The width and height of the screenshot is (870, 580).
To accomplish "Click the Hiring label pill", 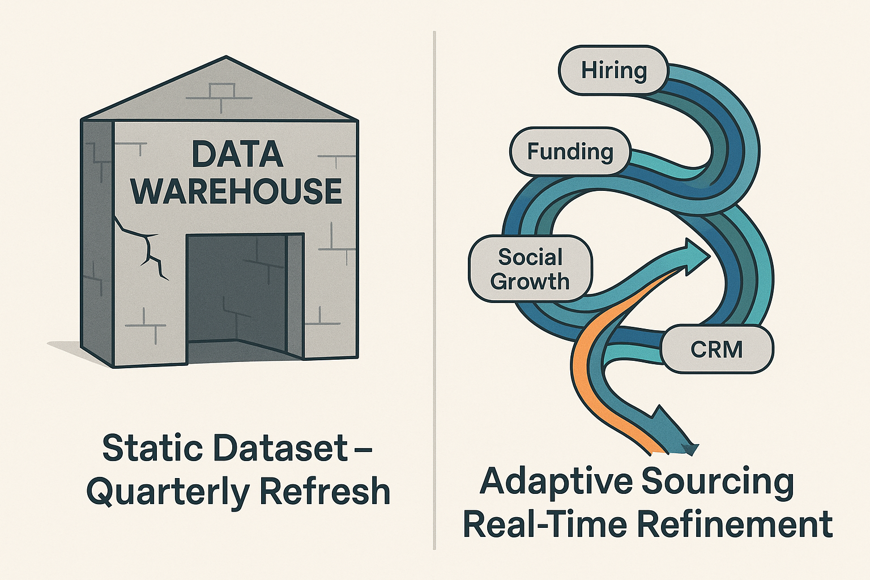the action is [613, 70].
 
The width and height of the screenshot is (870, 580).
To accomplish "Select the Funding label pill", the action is [570, 152].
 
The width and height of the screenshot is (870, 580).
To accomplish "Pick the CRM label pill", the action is [717, 349].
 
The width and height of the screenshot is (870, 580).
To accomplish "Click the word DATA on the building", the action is [237, 155].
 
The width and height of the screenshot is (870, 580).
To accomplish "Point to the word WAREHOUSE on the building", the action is [237, 191].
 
